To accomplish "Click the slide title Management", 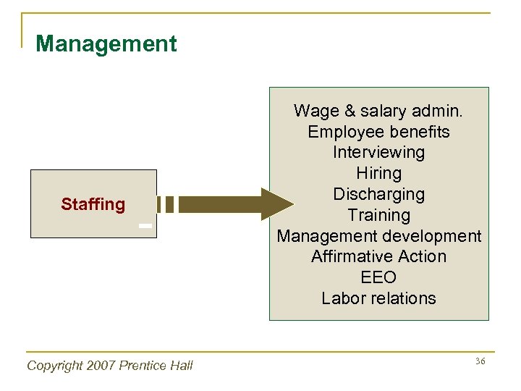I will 106,43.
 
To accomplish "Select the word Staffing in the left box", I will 93,204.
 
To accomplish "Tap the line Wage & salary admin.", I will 378,112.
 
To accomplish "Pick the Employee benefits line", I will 378,133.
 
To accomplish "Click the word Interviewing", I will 378,153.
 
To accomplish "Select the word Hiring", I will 378,174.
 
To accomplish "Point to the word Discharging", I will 378,195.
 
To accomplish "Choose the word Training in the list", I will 378,215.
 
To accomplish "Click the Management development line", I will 378,236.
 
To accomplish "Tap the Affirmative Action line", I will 378,256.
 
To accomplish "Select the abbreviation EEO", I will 378,277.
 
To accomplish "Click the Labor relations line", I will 378,298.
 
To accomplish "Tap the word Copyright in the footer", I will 55,366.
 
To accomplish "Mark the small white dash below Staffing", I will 145,227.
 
